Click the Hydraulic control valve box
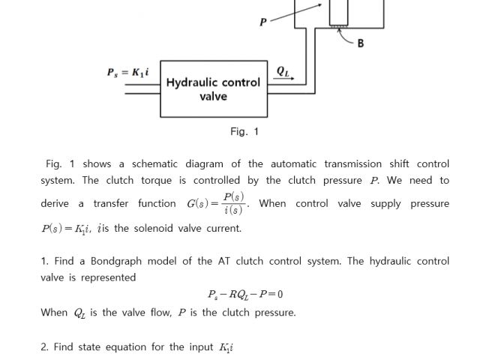[213, 89]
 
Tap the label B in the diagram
[361, 43]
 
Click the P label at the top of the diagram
[262, 22]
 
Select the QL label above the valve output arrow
[282, 72]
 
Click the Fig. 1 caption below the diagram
[244, 132]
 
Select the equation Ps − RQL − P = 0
[244, 294]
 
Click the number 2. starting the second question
[45, 346]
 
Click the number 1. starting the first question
[45, 261]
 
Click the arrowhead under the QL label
[292, 79]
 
